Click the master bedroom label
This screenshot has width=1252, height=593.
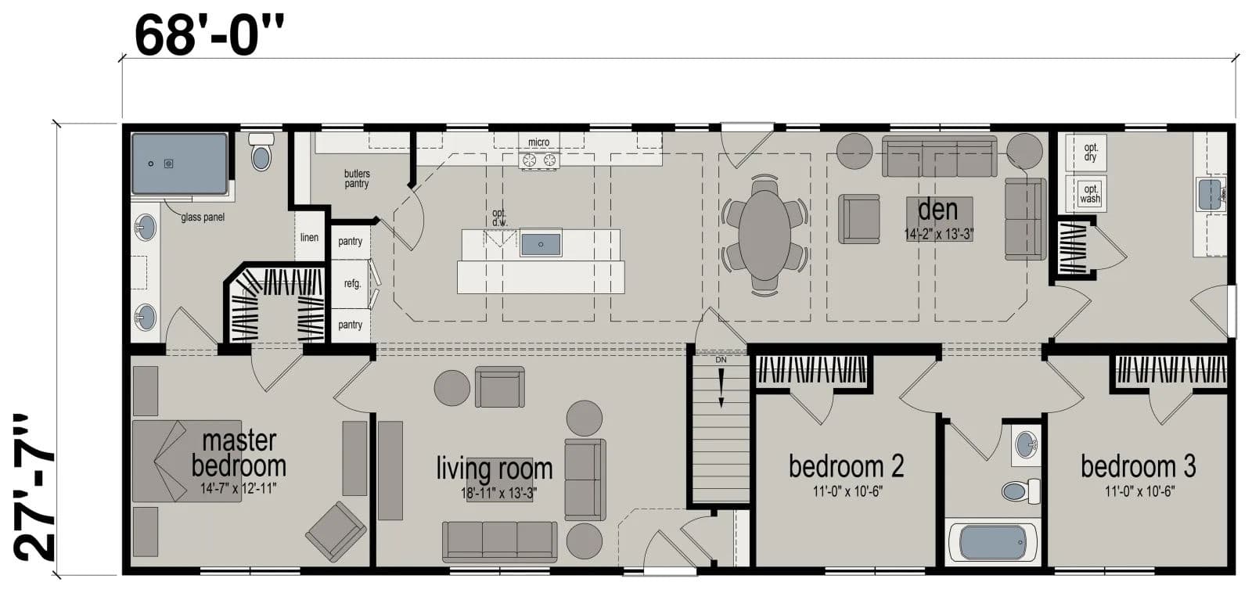(238, 453)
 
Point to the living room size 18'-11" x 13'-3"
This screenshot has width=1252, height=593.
(498, 493)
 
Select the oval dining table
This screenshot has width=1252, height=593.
(765, 235)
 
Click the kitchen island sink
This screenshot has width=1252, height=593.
(540, 243)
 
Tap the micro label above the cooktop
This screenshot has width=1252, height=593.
(538, 142)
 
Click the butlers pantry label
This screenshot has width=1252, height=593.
(356, 178)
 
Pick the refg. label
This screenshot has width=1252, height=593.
(352, 283)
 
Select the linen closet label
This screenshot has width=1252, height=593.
(309, 237)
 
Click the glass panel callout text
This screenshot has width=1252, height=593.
(203, 217)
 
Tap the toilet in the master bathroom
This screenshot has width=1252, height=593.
(261, 153)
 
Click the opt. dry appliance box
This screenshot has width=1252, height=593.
(1090, 152)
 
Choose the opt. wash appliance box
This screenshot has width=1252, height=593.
(1090, 193)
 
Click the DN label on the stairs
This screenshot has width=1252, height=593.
(721, 360)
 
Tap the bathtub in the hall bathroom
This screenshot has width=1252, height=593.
(992, 542)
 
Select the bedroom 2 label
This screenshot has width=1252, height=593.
(846, 466)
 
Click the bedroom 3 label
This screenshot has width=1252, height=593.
(1138, 466)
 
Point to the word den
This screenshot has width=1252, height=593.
(937, 210)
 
